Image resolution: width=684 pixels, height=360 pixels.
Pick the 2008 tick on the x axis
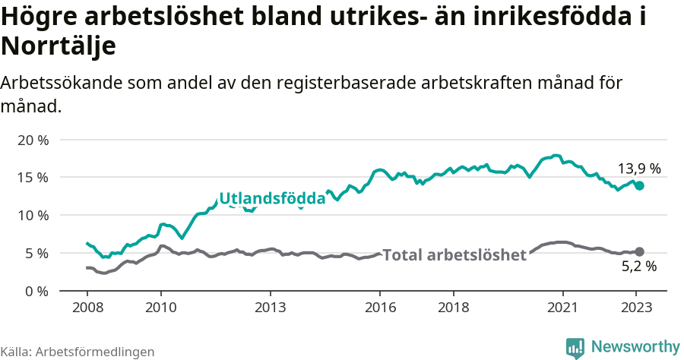coord(87,308)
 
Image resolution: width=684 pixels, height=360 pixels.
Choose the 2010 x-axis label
coord(160,308)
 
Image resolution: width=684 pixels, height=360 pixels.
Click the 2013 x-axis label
coord(270,308)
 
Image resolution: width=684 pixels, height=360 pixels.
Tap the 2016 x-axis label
coord(380,308)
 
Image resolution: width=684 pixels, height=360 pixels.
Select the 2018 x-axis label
coord(453,308)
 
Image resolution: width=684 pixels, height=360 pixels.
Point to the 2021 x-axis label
coord(563,308)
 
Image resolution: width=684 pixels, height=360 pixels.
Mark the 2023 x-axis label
coord(636,308)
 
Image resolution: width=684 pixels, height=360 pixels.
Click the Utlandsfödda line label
coord(272,199)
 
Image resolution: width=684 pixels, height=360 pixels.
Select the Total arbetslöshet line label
coord(454,255)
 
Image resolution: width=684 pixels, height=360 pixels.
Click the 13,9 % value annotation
coord(638,169)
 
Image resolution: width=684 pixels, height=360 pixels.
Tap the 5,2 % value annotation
coord(638,267)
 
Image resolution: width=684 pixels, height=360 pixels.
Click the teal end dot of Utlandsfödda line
coord(639,185)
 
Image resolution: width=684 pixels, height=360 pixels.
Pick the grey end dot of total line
coord(639,251)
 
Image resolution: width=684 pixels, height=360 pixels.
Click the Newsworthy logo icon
coord(575,347)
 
